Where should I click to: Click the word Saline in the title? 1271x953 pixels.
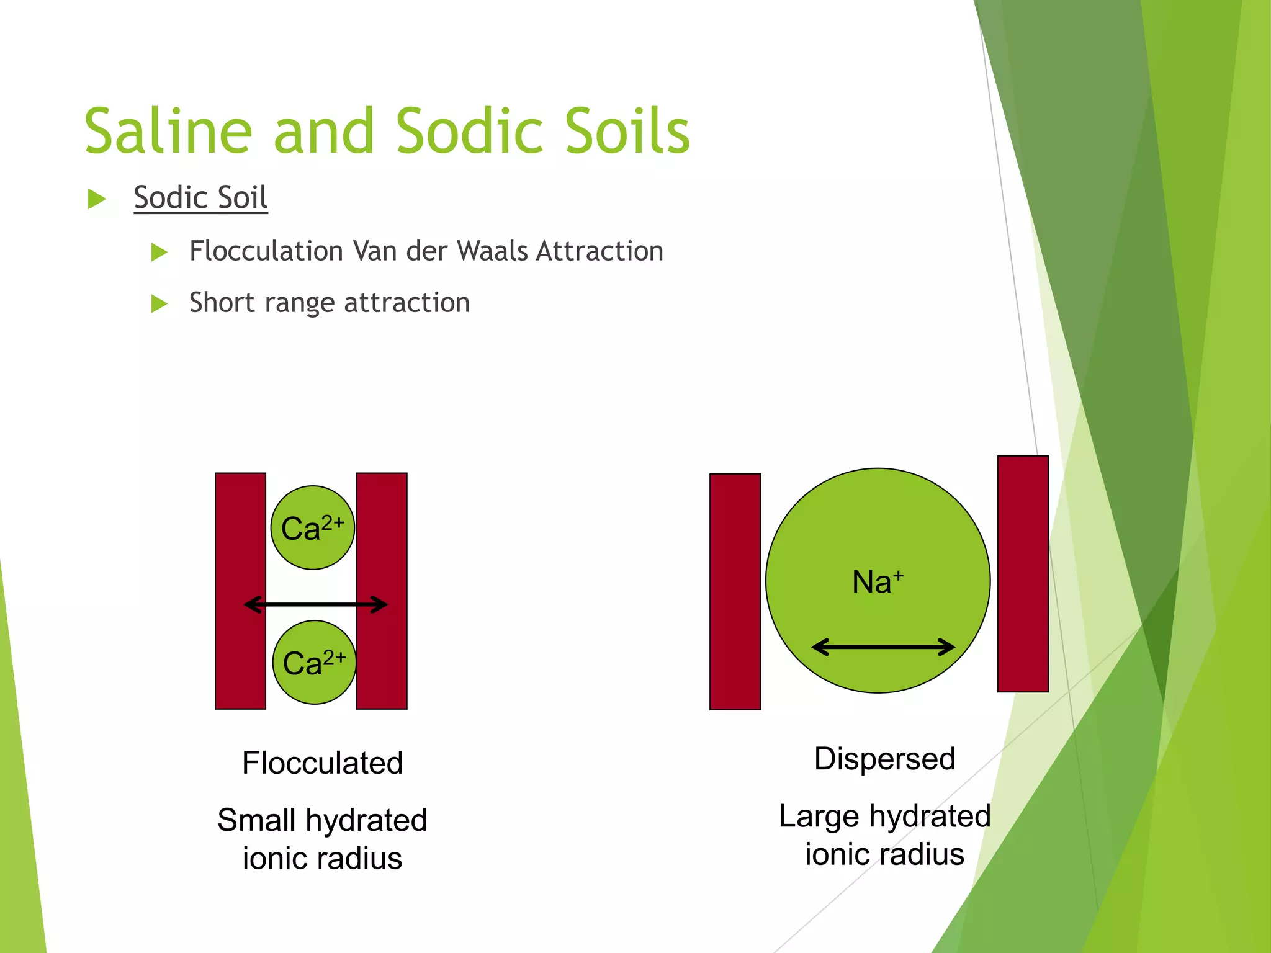pos(168,131)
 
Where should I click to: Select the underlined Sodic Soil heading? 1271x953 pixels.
pos(200,198)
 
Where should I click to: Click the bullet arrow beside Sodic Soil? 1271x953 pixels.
pos(97,199)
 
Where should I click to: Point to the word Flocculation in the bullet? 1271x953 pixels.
pos(266,251)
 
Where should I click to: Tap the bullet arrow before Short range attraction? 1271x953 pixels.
pos(159,303)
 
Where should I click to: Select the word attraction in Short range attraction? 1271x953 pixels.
pos(406,303)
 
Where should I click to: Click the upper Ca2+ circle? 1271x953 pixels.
pos(313,528)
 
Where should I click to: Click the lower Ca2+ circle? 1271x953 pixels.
pos(315,663)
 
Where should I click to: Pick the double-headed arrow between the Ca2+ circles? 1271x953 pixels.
pos(315,604)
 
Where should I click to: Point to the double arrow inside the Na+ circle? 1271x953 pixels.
pos(883,647)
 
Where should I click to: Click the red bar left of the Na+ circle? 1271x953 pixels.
pos(735,591)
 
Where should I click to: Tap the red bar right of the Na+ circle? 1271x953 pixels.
pos(1023,573)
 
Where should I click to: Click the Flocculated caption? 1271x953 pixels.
pos(322,763)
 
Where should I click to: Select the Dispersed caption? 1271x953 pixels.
pos(884,759)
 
